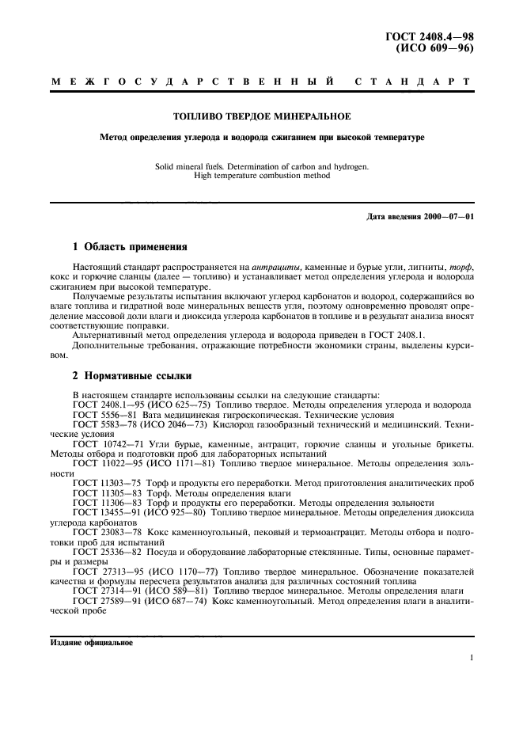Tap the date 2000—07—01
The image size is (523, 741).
(449, 216)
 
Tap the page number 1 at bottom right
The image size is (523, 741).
(471, 658)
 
